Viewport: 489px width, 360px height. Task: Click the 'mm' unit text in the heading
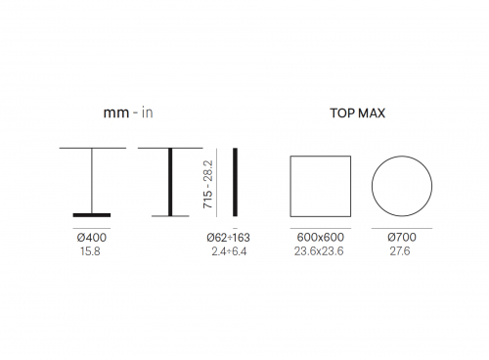click(x=116, y=113)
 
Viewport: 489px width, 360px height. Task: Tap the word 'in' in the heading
click(x=148, y=112)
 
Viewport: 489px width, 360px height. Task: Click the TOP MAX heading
click(x=358, y=113)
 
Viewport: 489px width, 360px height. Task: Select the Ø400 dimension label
click(x=92, y=238)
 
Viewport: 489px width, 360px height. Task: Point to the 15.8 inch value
click(x=90, y=251)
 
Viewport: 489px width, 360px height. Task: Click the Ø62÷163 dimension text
click(x=228, y=238)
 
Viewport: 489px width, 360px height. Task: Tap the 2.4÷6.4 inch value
click(x=229, y=251)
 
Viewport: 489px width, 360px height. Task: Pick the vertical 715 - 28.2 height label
click(x=207, y=184)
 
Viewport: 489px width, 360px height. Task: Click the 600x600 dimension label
click(x=320, y=237)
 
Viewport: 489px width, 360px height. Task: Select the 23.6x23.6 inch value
click(x=319, y=251)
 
